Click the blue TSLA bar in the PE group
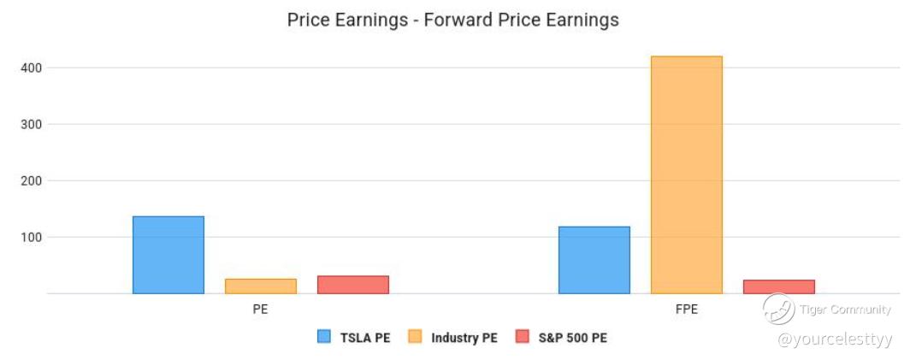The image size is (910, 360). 168,255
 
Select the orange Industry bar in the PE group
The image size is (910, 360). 261,286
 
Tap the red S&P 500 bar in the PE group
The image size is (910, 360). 353,285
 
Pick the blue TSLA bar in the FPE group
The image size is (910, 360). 594,260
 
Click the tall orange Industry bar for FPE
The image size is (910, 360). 687,174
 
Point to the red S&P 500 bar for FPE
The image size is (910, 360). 779,286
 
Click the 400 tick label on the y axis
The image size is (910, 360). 28,68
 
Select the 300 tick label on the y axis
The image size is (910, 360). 28,124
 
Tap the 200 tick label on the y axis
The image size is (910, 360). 28,180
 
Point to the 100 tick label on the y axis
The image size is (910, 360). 28,238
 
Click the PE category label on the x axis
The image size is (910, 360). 260,310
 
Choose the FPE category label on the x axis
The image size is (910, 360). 687,310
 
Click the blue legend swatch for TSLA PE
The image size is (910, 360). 324,337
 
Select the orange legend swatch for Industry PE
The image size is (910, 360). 414,337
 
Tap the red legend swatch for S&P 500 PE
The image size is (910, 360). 522,337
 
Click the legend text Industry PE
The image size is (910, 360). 464,338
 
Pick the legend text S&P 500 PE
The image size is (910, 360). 573,338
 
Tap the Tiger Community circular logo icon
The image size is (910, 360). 778,309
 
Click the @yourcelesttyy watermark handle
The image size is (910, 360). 835,339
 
